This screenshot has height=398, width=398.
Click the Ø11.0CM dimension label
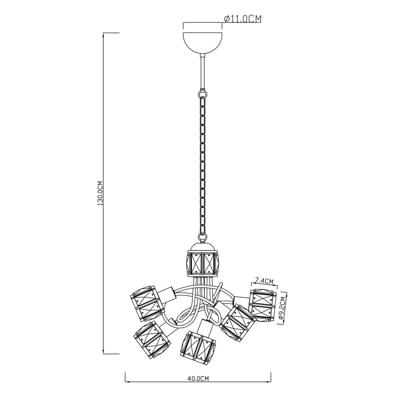click(243, 18)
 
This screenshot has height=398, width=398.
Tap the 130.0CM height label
click(100, 193)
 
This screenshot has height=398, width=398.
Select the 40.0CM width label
click(198, 378)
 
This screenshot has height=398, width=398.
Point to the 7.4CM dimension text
click(264, 281)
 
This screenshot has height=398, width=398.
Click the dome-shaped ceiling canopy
click(202, 43)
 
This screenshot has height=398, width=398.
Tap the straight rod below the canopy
click(202, 71)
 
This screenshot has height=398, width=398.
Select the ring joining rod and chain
click(202, 94)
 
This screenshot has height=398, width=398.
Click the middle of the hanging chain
click(202, 165)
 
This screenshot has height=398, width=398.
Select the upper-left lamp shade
click(146, 303)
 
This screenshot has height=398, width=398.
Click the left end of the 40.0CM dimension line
click(126, 381)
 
